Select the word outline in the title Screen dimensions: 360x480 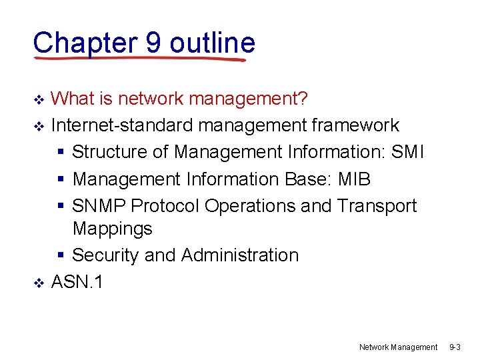pos(212,43)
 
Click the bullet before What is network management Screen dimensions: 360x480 pos(39,101)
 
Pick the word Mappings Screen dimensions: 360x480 pos(112,229)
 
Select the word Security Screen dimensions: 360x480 pos(105,255)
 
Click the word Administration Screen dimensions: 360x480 pos(239,255)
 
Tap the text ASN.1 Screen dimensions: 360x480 pos(77,282)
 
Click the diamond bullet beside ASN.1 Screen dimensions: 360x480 pos(39,283)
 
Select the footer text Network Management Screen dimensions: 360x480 pos(398,347)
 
